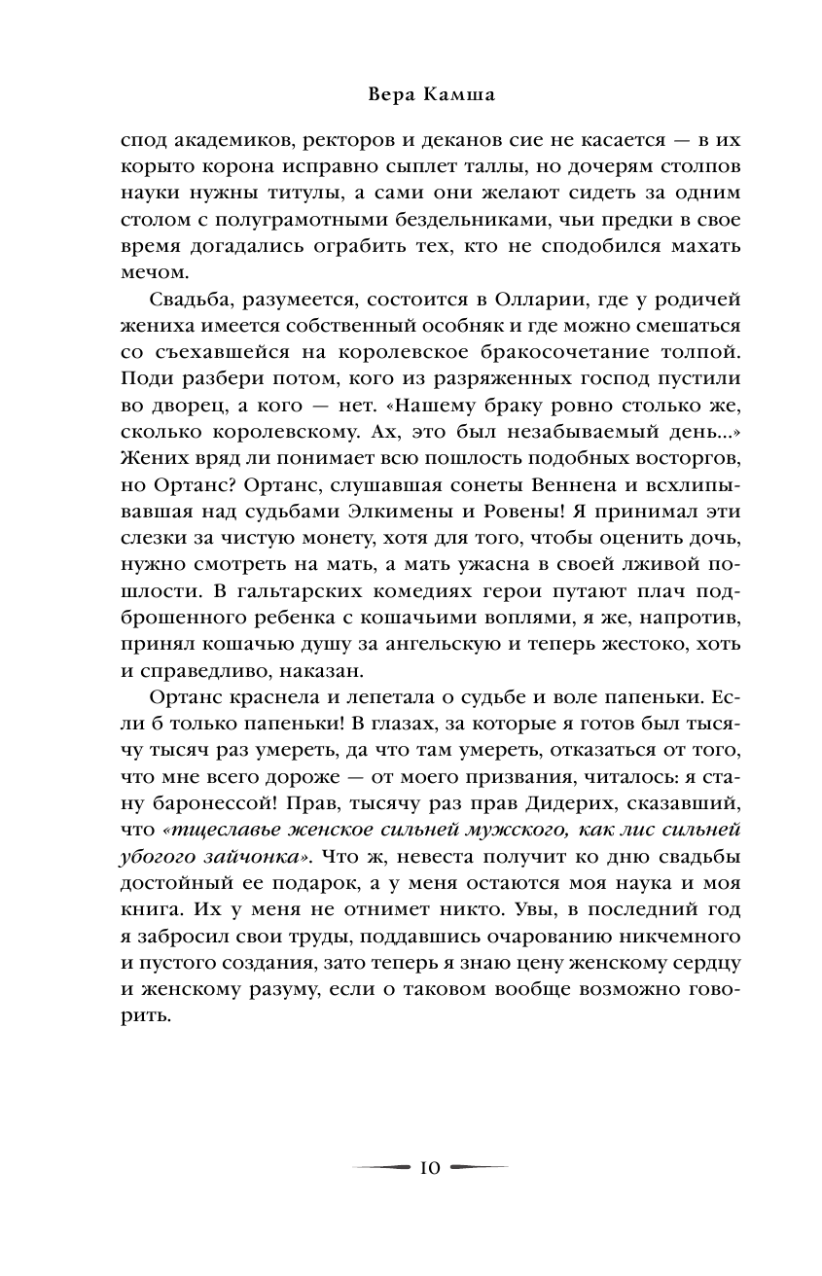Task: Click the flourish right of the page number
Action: click(478, 1166)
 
